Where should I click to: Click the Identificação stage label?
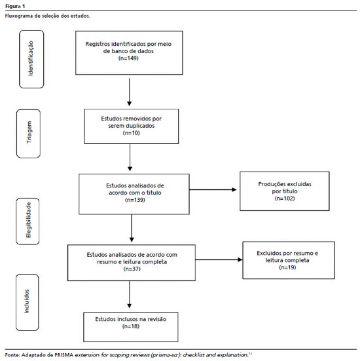point(31,58)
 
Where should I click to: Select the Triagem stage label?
point(29,132)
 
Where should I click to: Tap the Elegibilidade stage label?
point(28,220)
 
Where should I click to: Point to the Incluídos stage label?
point(27,301)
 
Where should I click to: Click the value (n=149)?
point(128,58)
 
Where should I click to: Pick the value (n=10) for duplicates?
point(132,133)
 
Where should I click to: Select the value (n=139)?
point(135,200)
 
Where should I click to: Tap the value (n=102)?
point(285,199)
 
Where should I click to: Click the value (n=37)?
point(132,269)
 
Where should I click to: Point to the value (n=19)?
point(287,267)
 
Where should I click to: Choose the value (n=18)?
point(131,326)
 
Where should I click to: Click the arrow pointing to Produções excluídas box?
point(213,190)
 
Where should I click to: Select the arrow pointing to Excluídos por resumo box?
point(219,259)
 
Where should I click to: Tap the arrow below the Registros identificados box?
point(130,92)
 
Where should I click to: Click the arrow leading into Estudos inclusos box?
point(130,294)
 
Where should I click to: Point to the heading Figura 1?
point(15,6)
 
